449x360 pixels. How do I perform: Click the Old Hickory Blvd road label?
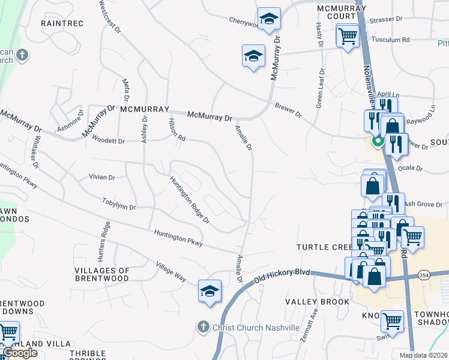(x=282, y=276)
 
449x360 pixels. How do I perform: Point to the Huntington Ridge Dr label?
(x=189, y=200)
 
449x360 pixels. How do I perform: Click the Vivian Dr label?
(x=101, y=177)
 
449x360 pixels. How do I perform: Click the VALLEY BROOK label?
(x=317, y=302)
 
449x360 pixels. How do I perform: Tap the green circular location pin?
(x=378, y=142)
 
